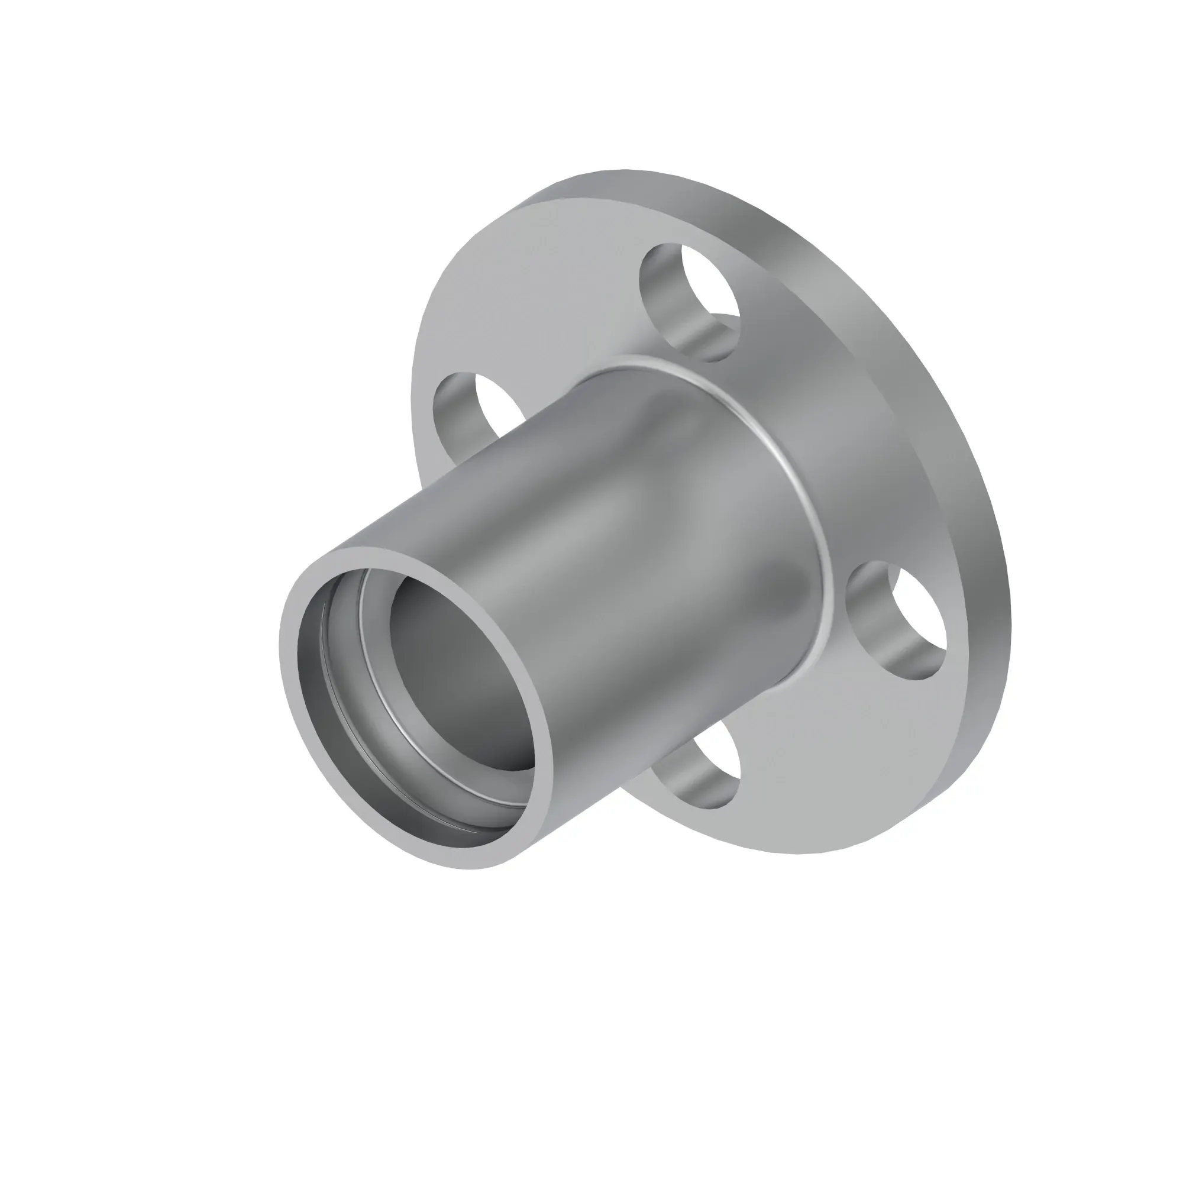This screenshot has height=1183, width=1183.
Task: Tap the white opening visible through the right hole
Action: [x=919, y=619]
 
